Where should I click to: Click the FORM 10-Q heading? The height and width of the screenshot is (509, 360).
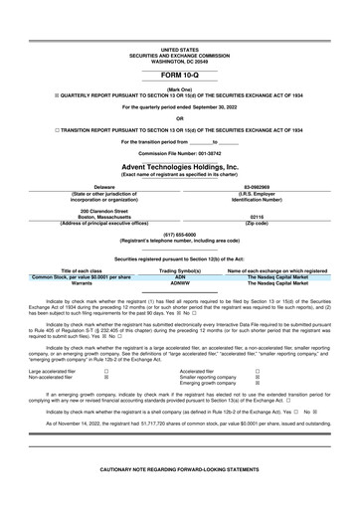pyautogui.click(x=179, y=75)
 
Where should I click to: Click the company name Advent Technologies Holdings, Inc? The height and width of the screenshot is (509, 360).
pyautogui.click(x=179, y=167)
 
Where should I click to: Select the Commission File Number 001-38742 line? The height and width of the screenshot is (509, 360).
pyautogui.click(x=179, y=153)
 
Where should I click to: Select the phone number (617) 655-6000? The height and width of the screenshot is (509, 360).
pyautogui.click(x=179, y=235)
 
